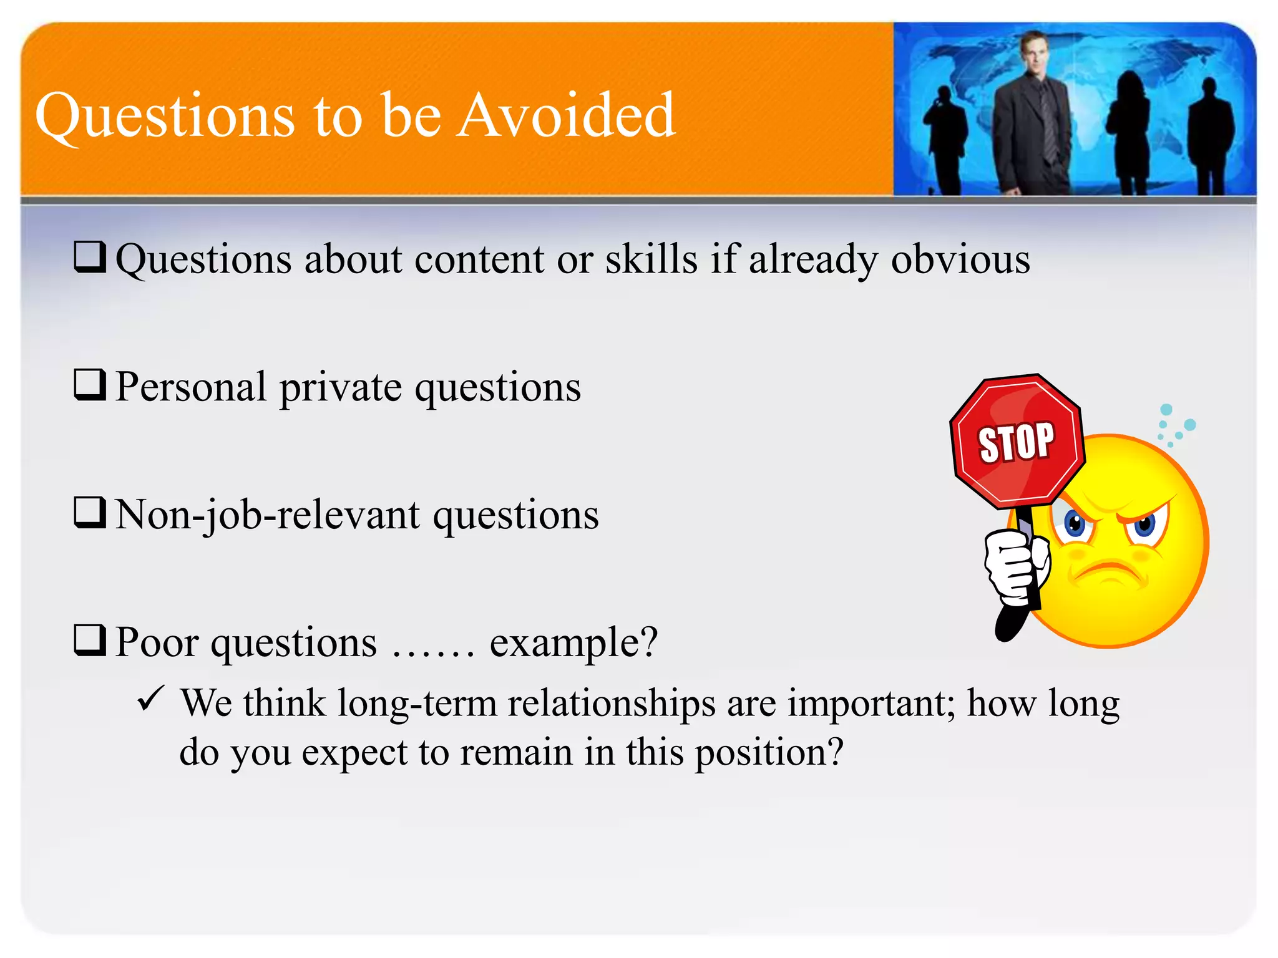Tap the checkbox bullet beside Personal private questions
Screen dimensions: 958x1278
tap(90, 384)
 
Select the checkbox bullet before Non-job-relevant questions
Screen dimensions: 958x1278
tap(90, 512)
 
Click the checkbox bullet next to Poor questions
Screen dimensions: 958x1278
tap(90, 640)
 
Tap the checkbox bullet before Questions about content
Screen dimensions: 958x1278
tap(90, 256)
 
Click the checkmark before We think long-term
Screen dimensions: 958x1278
tap(151, 699)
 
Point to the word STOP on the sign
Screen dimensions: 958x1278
tap(1017, 442)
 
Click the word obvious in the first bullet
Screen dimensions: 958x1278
tap(960, 259)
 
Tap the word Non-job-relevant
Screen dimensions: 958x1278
tap(268, 516)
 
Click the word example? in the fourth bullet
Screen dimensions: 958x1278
tap(573, 642)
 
